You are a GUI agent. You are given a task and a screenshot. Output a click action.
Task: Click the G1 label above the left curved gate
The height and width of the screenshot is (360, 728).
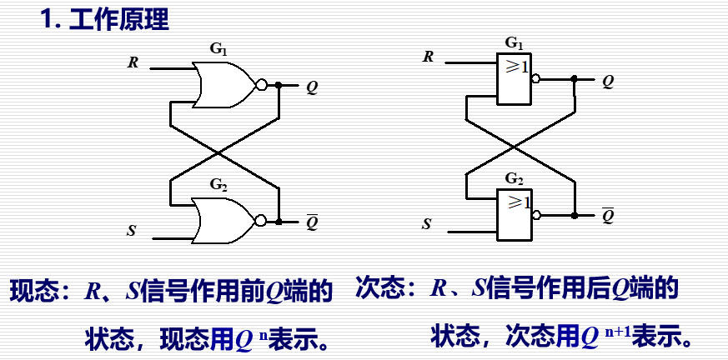click(218, 49)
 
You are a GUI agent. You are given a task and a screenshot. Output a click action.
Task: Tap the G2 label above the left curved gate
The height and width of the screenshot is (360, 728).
click(218, 184)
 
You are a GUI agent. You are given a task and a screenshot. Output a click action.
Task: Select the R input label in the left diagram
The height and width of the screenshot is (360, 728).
click(133, 62)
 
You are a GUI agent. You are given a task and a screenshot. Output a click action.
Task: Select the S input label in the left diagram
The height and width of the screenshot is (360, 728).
click(132, 230)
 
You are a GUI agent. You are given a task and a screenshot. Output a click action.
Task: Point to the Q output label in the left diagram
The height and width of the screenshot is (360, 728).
click(311, 86)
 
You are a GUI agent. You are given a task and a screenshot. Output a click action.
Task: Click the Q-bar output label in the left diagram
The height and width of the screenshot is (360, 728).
click(312, 222)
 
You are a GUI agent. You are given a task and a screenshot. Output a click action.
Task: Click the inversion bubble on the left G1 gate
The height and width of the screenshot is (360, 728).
click(262, 84)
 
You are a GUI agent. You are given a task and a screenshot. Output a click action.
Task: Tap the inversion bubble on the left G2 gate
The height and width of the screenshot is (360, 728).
click(262, 221)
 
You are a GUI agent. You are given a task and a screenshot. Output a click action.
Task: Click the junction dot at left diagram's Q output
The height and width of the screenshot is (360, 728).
click(279, 84)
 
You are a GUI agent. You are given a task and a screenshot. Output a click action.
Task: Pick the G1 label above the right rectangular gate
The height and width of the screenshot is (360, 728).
click(515, 42)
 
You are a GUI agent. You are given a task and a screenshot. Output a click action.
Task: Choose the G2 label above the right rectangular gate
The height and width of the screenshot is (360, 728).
click(515, 178)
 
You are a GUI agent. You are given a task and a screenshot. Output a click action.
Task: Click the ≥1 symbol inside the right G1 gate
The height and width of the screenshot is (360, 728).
click(516, 67)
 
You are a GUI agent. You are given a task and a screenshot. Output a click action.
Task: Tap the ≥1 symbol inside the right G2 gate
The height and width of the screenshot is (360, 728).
click(516, 202)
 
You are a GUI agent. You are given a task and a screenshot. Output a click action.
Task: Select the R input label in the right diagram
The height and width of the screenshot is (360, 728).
click(429, 57)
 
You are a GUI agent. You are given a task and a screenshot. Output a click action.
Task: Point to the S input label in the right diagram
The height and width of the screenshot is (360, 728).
click(428, 223)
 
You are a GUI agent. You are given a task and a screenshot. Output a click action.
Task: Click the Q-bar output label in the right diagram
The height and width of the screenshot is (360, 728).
click(608, 216)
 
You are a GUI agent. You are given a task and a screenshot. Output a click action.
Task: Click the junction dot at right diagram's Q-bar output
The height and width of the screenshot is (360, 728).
click(575, 215)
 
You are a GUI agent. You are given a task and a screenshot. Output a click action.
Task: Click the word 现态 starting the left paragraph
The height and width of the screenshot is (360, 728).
click(34, 292)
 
